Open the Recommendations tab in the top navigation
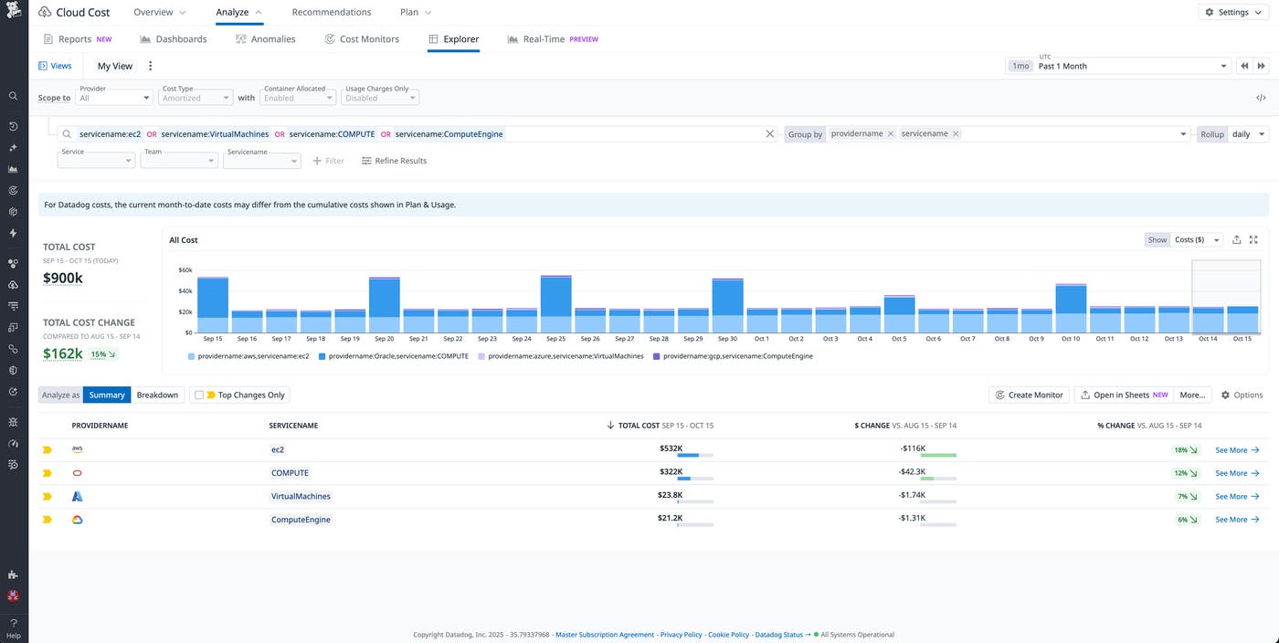(x=331, y=12)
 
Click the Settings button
(x=1234, y=12)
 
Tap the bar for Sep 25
(x=555, y=304)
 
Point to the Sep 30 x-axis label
(x=727, y=339)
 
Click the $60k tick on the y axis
(x=185, y=270)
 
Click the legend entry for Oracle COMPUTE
(x=398, y=356)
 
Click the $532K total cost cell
(x=671, y=448)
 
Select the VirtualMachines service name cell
(x=301, y=496)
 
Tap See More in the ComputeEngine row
(x=1237, y=520)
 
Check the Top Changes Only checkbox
(x=199, y=395)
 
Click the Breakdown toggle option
(x=157, y=395)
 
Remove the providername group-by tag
(x=890, y=133)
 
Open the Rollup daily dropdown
(x=1248, y=134)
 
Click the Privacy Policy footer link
(x=681, y=635)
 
